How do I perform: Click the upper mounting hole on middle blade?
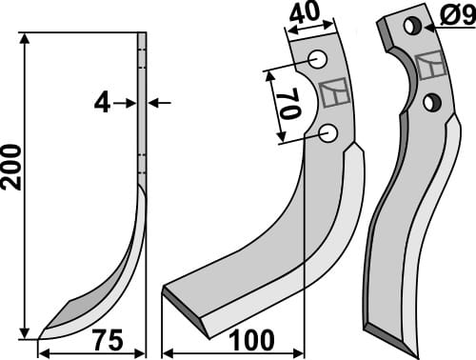(318, 60)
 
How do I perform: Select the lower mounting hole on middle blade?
(328, 133)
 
